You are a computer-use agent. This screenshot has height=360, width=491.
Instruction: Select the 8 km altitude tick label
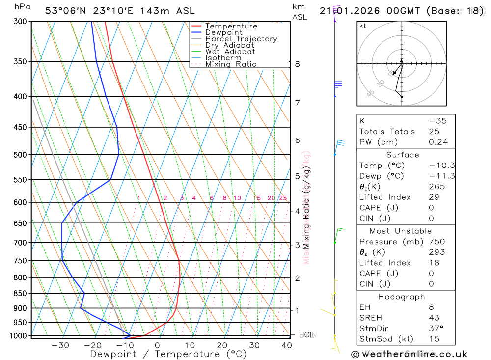[297, 64]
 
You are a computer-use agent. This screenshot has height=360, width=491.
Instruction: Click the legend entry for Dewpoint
[223, 32]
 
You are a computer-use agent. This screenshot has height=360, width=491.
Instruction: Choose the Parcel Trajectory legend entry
[241, 39]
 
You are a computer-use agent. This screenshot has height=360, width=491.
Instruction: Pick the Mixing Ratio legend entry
[231, 64]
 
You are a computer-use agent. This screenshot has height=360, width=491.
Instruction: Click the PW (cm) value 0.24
[438, 142]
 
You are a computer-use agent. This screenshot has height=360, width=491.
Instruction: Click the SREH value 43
[434, 318]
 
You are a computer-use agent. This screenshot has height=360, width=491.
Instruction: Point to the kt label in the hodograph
[363, 26]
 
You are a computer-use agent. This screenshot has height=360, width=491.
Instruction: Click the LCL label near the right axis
[306, 335]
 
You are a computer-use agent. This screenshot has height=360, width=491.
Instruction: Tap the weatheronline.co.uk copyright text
[409, 354]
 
